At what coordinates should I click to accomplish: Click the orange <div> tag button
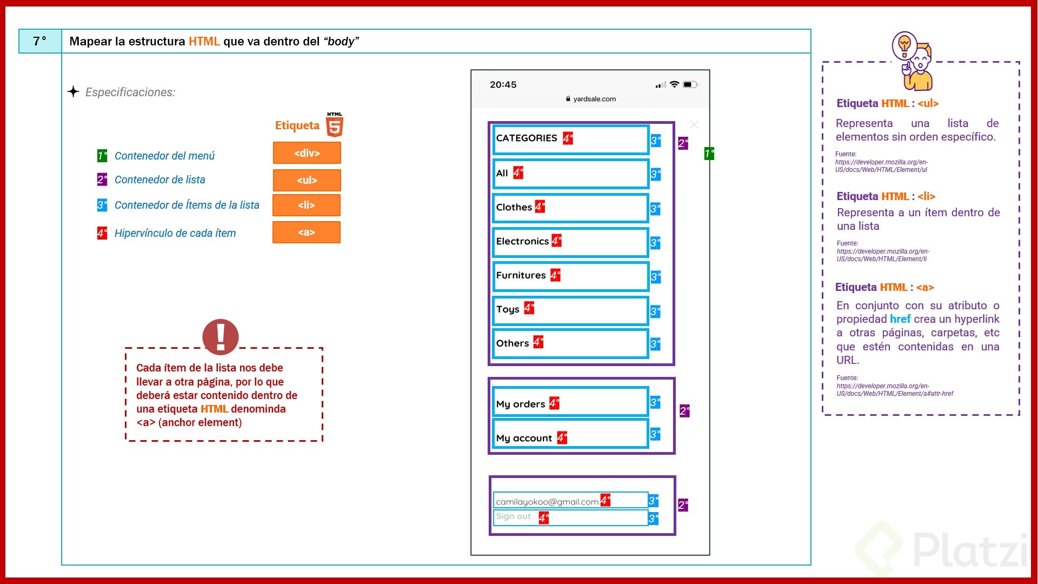(x=307, y=153)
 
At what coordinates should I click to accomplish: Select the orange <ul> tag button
(x=307, y=180)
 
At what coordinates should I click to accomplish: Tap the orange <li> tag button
(x=306, y=205)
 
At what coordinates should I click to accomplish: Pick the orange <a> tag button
(x=306, y=232)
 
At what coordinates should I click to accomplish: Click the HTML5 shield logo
(x=335, y=125)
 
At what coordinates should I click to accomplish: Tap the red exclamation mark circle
(x=220, y=336)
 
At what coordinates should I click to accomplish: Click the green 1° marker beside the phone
(x=709, y=154)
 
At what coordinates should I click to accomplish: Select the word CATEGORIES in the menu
(x=526, y=138)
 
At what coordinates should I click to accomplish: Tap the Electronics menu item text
(x=522, y=241)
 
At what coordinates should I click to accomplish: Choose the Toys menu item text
(x=508, y=309)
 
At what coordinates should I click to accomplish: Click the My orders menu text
(x=520, y=404)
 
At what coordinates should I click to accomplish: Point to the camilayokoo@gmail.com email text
(x=547, y=502)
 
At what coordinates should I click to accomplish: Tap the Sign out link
(x=513, y=516)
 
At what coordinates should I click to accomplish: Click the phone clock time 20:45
(x=503, y=85)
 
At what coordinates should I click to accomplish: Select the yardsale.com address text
(x=594, y=99)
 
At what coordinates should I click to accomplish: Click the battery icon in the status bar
(x=690, y=85)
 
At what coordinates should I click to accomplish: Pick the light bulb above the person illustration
(x=904, y=44)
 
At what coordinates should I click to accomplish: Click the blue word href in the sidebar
(x=900, y=319)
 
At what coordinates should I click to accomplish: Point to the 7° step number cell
(x=40, y=41)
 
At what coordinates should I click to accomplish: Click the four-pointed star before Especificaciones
(x=74, y=91)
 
